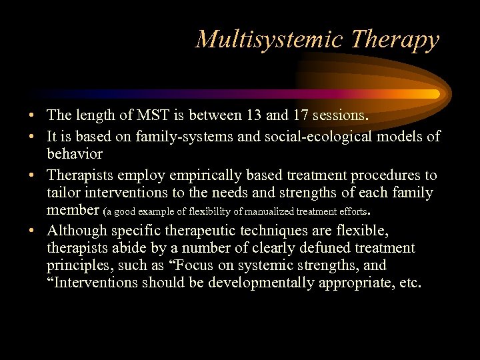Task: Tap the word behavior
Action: pos(75,154)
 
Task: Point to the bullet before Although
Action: pos(32,231)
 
